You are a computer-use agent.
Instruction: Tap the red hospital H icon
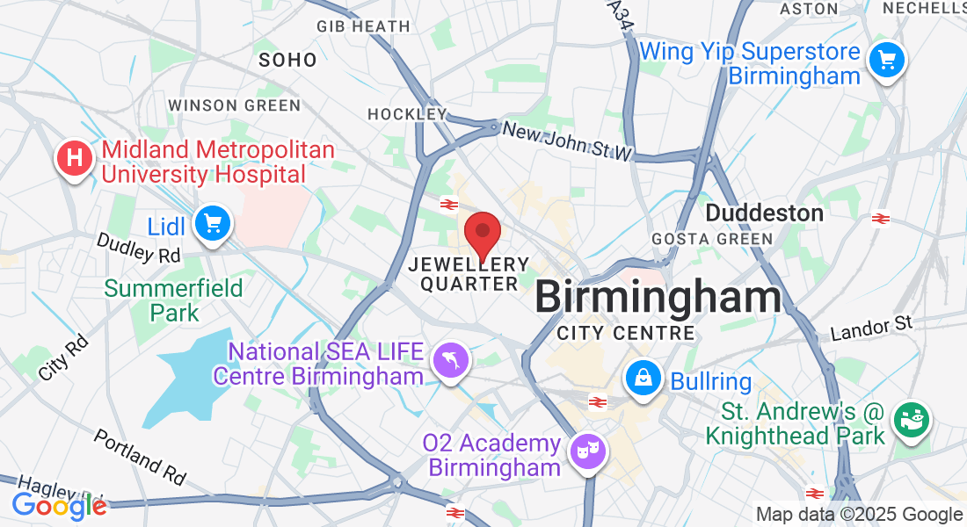[x=75, y=159]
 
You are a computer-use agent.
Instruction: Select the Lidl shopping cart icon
[x=212, y=223]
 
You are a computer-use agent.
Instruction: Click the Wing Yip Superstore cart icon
[x=886, y=61]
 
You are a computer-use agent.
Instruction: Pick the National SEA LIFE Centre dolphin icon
[x=452, y=358]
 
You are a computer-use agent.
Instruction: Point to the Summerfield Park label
[x=151, y=300]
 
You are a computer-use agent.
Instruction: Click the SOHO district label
[x=287, y=61]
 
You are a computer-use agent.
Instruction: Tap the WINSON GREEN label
[x=234, y=105]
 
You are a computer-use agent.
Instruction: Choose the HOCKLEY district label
[x=406, y=114]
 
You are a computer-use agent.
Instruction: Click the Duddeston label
[x=764, y=213]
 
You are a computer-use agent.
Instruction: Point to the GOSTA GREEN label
[x=712, y=239]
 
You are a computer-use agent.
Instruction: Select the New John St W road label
[x=567, y=141]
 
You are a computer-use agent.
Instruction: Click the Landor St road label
[x=872, y=329]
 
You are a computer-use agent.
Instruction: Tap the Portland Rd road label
[x=140, y=457]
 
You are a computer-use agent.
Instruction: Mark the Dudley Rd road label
[x=138, y=248]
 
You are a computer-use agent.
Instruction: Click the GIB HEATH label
[x=363, y=27]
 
